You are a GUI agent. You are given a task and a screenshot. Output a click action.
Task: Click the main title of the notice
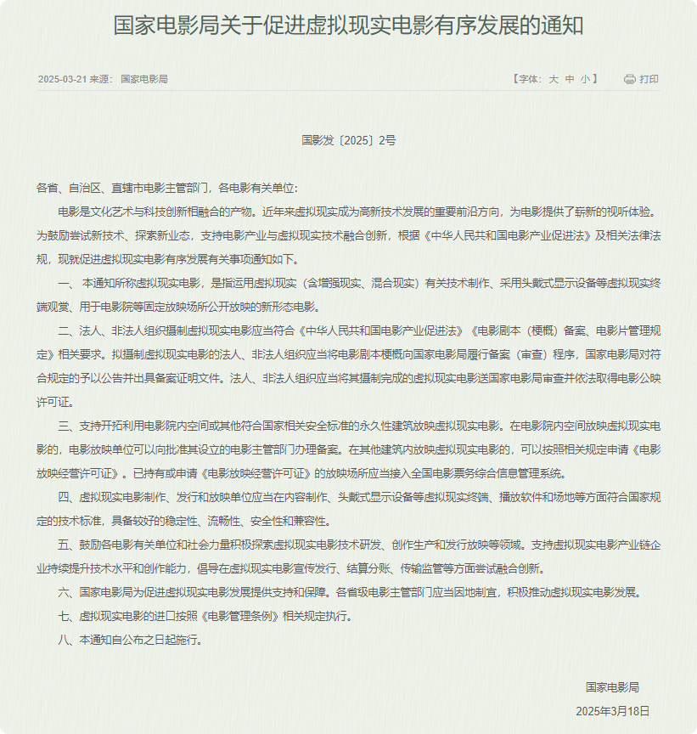pos(348,25)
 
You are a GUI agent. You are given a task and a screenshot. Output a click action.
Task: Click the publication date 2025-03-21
pos(60,79)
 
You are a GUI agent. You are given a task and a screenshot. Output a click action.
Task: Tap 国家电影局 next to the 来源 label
pos(144,79)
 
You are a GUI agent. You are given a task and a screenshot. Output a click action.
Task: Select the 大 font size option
pos(553,79)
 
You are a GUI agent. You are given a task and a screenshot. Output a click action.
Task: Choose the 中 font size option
pos(569,79)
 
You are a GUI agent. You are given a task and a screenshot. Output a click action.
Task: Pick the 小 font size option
pos(585,79)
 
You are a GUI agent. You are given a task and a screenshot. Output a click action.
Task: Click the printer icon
pos(629,79)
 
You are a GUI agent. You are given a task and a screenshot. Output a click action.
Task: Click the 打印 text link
pos(649,79)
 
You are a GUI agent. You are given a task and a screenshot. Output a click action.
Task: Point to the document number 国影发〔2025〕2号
pos(348,140)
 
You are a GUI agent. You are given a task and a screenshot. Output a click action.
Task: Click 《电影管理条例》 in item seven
pos(241,616)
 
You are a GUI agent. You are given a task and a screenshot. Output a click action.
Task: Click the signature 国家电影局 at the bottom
pos(612,686)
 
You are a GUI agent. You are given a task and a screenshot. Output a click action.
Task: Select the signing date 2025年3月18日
pos(612,710)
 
